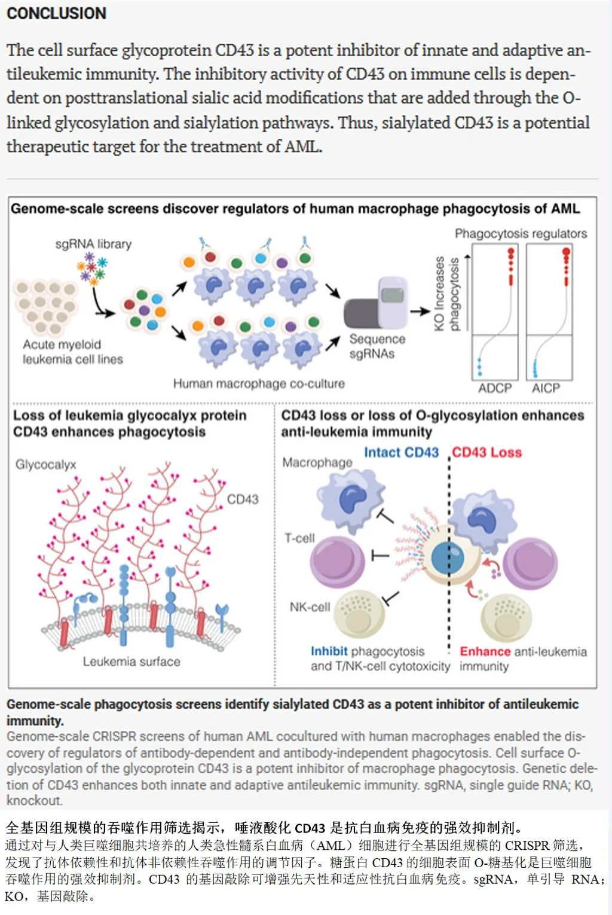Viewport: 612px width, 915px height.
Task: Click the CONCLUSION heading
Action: point(56,13)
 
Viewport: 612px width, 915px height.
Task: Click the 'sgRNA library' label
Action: point(93,244)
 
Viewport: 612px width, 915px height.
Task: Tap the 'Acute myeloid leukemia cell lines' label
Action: point(72,352)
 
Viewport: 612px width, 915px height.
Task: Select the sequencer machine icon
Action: point(376,303)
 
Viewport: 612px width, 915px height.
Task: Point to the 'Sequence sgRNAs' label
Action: point(377,346)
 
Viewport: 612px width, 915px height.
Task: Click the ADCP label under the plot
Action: point(495,388)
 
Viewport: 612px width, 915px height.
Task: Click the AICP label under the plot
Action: point(546,388)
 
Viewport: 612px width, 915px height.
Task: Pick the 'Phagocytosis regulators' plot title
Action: point(521,233)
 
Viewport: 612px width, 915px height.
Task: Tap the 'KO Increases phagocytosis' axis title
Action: point(446,293)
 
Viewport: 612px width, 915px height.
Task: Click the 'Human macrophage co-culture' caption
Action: point(259,383)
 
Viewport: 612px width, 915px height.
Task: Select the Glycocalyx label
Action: point(46,465)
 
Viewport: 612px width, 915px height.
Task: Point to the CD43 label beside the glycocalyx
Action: point(243,499)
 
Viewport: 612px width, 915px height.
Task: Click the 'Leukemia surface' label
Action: point(131,661)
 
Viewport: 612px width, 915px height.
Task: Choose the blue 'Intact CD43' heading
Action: point(401,452)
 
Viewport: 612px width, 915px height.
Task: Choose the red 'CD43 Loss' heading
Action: point(486,452)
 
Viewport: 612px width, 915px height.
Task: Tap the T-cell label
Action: point(299,538)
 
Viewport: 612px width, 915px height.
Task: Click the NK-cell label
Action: point(310,607)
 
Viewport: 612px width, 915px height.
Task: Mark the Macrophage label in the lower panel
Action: point(317,462)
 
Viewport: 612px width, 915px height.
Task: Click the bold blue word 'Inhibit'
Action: point(329,651)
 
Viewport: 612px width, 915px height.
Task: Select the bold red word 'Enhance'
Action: point(485,651)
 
